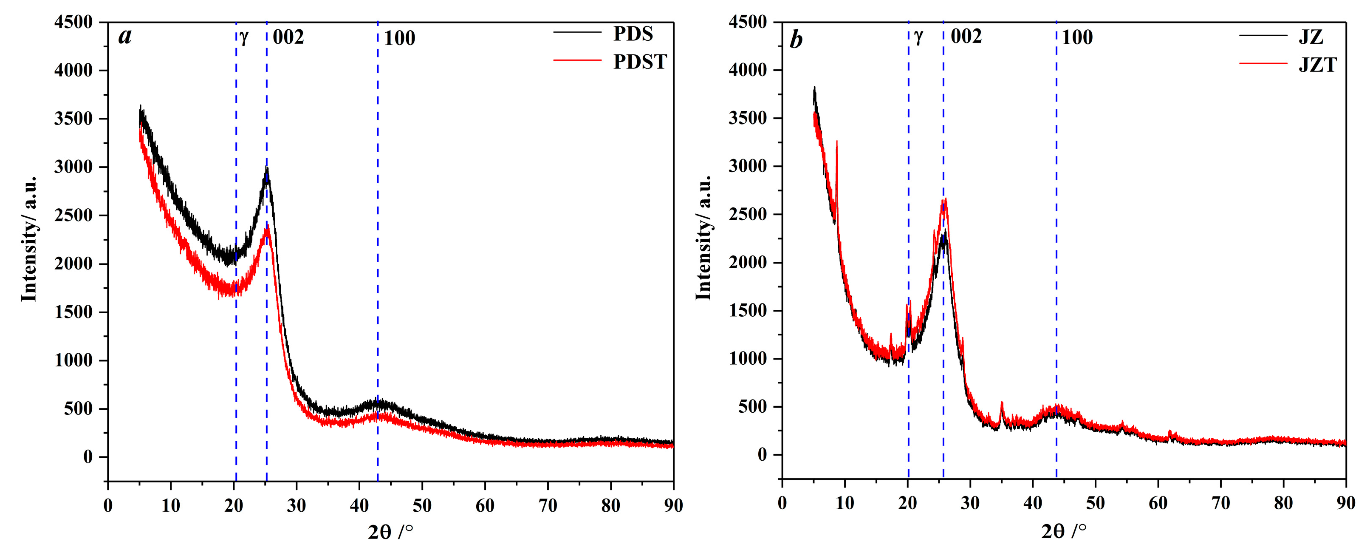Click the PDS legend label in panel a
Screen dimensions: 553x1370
[x=633, y=34]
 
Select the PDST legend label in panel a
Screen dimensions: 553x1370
[x=639, y=62]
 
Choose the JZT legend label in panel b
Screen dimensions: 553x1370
[x=1317, y=65]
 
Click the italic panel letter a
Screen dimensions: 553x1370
[x=124, y=37]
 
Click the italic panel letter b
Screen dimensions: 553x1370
[x=796, y=40]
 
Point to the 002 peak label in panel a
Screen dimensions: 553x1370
[x=288, y=37]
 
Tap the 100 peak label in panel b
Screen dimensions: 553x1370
[x=1077, y=38]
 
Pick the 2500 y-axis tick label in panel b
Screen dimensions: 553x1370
[x=748, y=215]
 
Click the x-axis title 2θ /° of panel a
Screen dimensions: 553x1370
[x=390, y=531]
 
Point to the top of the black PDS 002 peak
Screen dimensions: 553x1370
[x=267, y=169]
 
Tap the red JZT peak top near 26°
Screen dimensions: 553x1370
[x=945, y=200]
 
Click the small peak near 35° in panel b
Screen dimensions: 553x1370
[x=1002, y=403]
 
